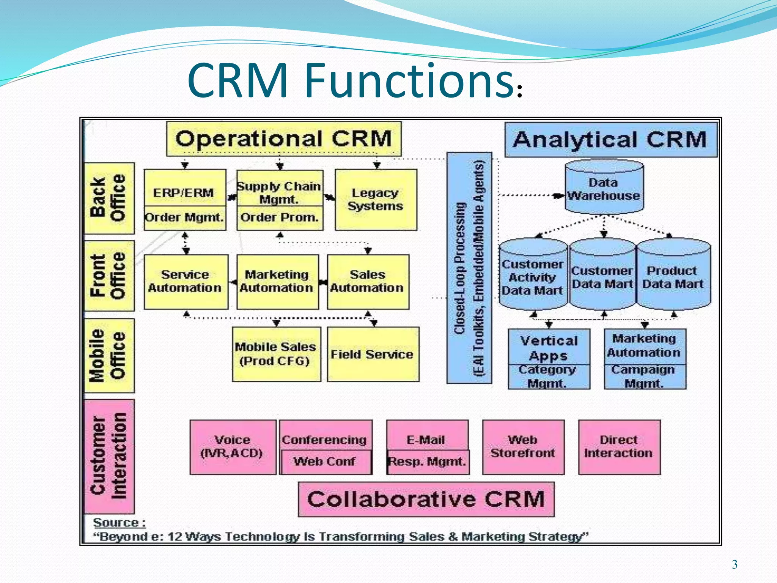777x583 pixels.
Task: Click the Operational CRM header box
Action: pyautogui.click(x=283, y=139)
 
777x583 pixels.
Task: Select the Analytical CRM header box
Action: pyautogui.click(x=610, y=139)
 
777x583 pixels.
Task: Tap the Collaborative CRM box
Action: pyautogui.click(x=426, y=499)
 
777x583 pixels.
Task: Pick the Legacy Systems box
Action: pyautogui.click(x=376, y=200)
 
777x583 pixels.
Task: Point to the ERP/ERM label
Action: pyautogui.click(x=184, y=192)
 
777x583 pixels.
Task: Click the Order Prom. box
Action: pyautogui.click(x=280, y=218)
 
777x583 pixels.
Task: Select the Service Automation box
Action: pyautogui.click(x=186, y=282)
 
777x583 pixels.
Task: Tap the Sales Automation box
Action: pyautogui.click(x=368, y=282)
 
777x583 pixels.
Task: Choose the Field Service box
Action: pyautogui.click(x=373, y=354)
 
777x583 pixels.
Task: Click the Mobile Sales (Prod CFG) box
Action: pyautogui.click(x=276, y=354)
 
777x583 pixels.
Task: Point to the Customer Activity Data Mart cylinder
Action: pyautogui.click(x=532, y=277)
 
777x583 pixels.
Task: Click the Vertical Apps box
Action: pyautogui.click(x=549, y=347)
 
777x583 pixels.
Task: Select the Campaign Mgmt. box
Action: pyautogui.click(x=644, y=377)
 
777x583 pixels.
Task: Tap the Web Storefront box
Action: pyautogui.click(x=523, y=447)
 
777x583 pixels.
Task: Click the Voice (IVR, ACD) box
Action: pyautogui.click(x=232, y=447)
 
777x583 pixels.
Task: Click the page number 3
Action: pyautogui.click(x=735, y=564)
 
